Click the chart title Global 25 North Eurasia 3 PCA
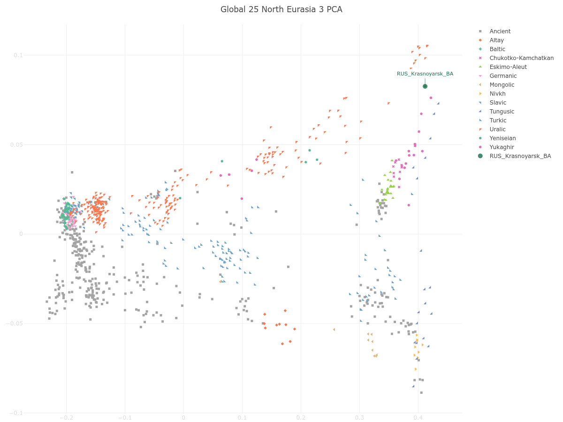(x=281, y=9)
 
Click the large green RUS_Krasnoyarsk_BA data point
(x=425, y=86)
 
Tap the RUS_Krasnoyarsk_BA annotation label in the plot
(x=425, y=74)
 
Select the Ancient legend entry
(x=500, y=31)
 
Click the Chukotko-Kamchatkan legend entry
(x=521, y=58)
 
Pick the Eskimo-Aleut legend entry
(x=508, y=67)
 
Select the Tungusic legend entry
(x=502, y=112)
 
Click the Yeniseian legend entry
(x=502, y=138)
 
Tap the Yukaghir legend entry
(x=502, y=147)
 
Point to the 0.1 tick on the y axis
(x=18, y=55)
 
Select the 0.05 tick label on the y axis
(x=16, y=144)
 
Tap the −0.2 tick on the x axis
(x=66, y=418)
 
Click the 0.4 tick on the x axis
(x=418, y=418)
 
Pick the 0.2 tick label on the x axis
(x=301, y=418)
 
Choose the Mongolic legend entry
(x=502, y=85)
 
